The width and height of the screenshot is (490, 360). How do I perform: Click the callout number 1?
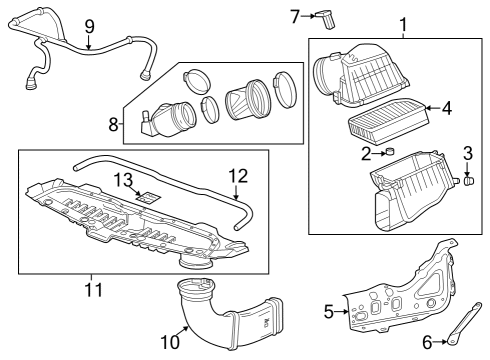(403, 23)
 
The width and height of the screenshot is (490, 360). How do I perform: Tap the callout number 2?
(367, 153)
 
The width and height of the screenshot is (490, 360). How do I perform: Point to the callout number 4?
(447, 107)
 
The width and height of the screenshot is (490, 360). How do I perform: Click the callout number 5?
(329, 311)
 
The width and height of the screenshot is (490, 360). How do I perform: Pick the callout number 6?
(427, 342)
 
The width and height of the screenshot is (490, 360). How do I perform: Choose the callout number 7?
(295, 15)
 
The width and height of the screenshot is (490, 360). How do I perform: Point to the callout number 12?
(237, 175)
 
